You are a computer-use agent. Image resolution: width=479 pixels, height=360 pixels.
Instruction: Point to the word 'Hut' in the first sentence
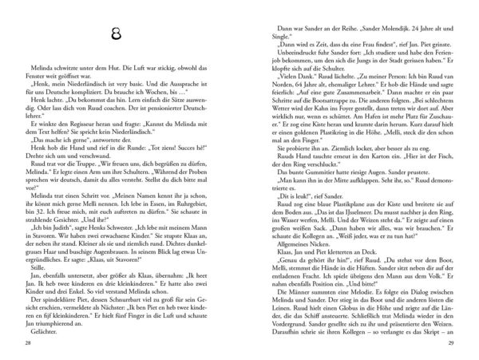tap(101, 73)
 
